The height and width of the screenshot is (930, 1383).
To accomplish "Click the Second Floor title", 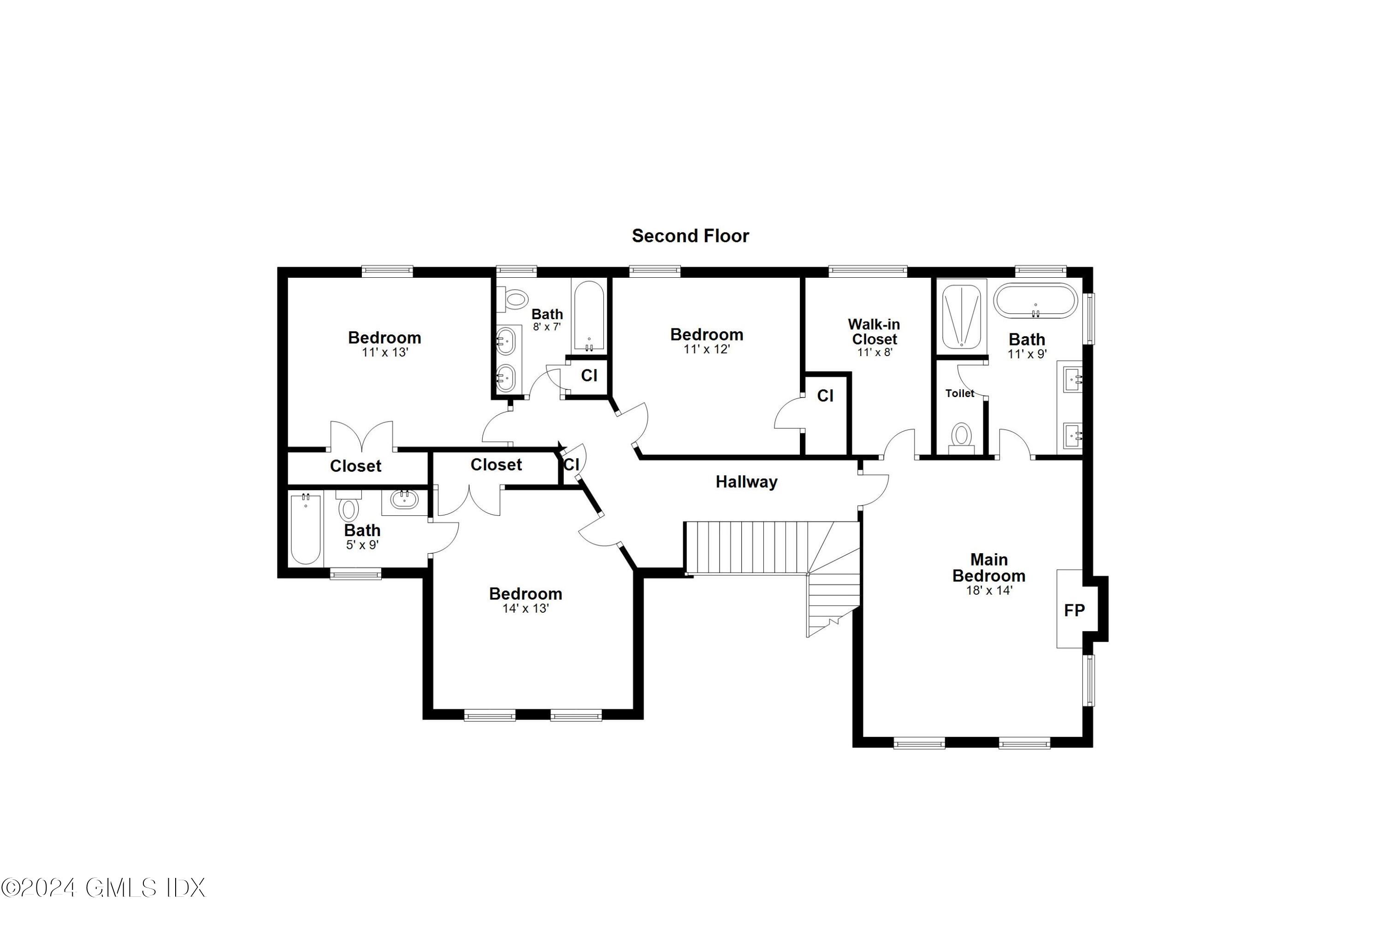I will [x=690, y=236].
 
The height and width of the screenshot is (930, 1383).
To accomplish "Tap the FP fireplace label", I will [x=1074, y=610].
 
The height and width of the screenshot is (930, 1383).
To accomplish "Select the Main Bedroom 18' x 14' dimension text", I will [x=989, y=590].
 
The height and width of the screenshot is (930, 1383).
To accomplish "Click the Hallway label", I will [x=746, y=482].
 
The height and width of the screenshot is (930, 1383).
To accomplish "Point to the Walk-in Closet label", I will [x=874, y=332].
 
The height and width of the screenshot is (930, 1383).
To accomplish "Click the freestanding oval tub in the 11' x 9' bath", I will [x=1035, y=301].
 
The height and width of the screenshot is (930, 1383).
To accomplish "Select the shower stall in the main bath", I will [x=961, y=316].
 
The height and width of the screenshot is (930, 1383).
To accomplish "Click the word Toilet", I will [x=959, y=393].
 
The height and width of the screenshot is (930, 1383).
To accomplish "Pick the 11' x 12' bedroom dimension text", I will [x=706, y=349].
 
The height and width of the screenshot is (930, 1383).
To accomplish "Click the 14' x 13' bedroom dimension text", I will [x=525, y=608].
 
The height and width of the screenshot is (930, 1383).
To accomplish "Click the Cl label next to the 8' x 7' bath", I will [x=589, y=375].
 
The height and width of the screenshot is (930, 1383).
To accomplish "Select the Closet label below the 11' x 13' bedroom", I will [x=355, y=466].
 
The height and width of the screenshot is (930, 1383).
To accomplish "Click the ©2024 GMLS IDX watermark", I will [x=103, y=888].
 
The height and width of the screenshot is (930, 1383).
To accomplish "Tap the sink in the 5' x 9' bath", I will [x=404, y=499].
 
